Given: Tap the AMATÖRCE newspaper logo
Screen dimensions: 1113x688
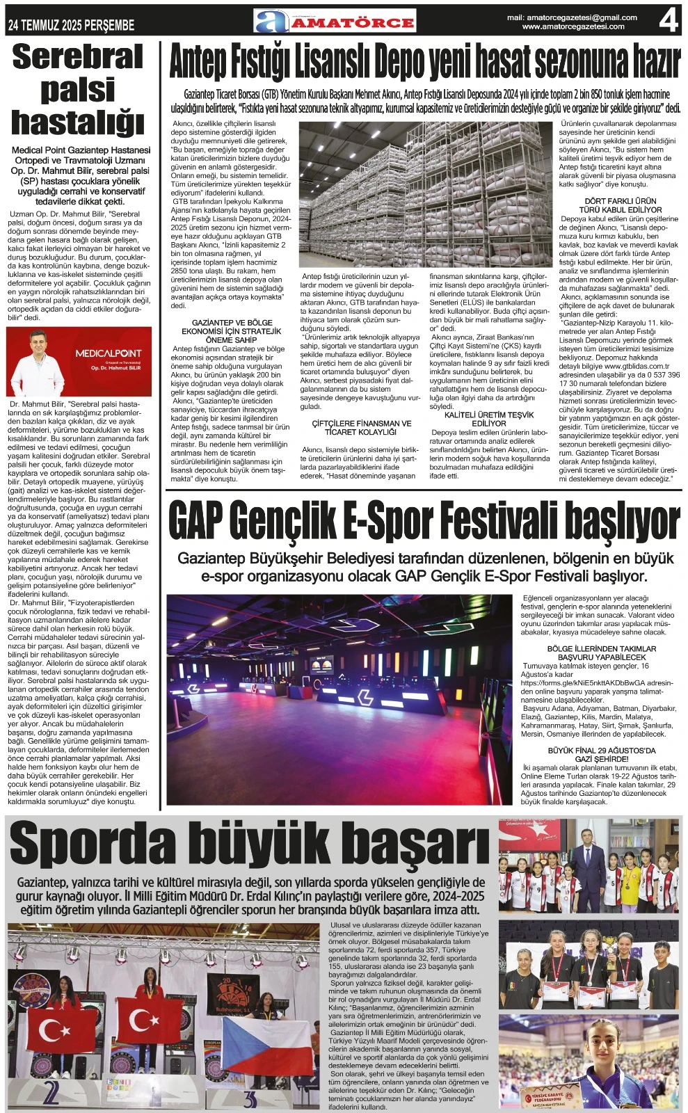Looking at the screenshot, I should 335,22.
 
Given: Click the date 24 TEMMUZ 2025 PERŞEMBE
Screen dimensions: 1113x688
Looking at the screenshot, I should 70,26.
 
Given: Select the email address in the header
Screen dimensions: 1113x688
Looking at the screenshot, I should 572,17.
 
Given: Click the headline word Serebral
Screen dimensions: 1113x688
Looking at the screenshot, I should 78,57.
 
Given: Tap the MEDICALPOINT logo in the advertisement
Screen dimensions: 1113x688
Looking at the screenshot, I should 108,353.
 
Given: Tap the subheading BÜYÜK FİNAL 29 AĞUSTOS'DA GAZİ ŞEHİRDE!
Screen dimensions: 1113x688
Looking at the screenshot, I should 602,755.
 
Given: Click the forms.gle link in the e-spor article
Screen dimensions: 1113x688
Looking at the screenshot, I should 596,683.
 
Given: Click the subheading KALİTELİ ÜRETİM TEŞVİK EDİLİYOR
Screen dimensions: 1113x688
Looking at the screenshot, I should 489,419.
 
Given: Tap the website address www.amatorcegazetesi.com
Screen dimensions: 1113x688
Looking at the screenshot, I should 573,26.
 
